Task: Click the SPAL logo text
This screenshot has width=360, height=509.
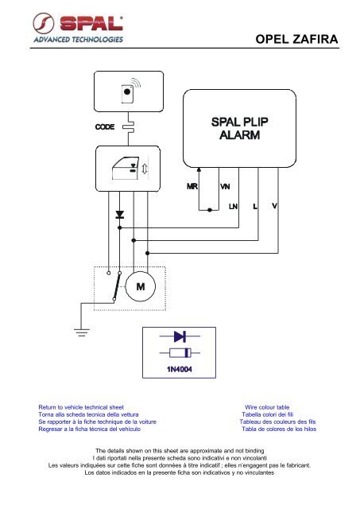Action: coord(91,23)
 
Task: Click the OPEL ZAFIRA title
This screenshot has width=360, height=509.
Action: coord(296,39)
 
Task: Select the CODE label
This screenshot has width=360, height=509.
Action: coord(105,126)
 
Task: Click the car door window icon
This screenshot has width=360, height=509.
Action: coord(126,168)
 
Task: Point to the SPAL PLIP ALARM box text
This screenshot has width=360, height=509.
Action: coord(240,128)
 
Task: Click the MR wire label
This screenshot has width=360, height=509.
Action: coord(192,186)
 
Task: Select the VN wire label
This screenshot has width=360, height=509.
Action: coord(225,186)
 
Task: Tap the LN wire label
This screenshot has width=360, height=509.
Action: coord(233,206)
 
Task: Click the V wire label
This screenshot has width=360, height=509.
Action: coord(274,206)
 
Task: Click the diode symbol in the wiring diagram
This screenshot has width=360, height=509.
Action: coord(120,214)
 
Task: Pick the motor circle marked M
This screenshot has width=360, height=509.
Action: coord(141,286)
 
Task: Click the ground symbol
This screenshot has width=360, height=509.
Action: coord(82,332)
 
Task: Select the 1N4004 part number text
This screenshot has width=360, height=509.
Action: coord(180,369)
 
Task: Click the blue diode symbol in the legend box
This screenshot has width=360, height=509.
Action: coord(180,336)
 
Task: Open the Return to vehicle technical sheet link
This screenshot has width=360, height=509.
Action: coord(81,407)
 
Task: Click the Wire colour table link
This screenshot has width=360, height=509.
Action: coord(267,407)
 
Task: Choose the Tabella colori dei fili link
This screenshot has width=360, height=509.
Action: coord(268,414)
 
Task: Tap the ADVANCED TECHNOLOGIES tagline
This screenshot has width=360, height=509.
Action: coord(78,40)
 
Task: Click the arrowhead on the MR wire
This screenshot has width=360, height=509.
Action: coord(199,169)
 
